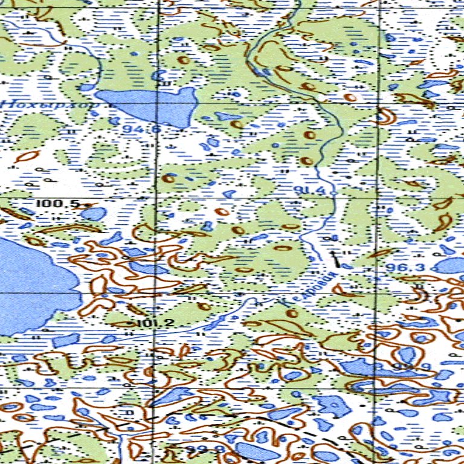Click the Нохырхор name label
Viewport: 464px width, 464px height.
coord(51,103)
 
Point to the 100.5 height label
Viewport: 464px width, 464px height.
coord(57,204)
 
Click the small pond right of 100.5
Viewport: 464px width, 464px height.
coord(94,213)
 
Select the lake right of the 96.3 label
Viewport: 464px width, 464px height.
coord(450,265)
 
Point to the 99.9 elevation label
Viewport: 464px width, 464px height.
coord(405,367)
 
